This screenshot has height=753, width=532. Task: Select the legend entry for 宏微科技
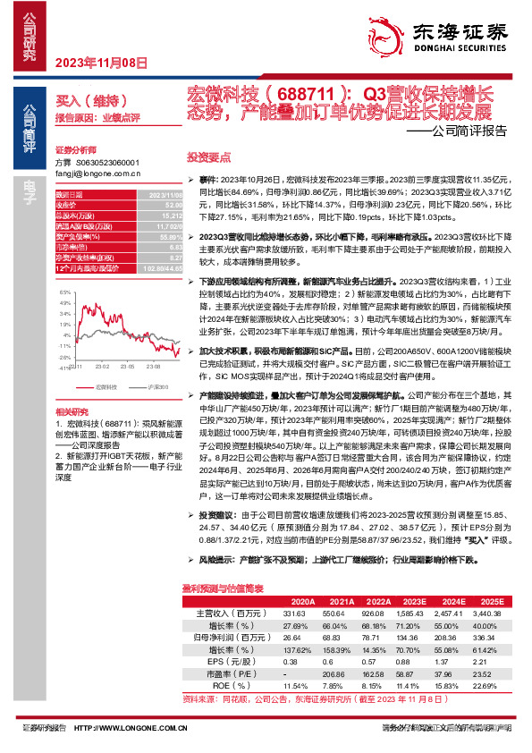point(105,386)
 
